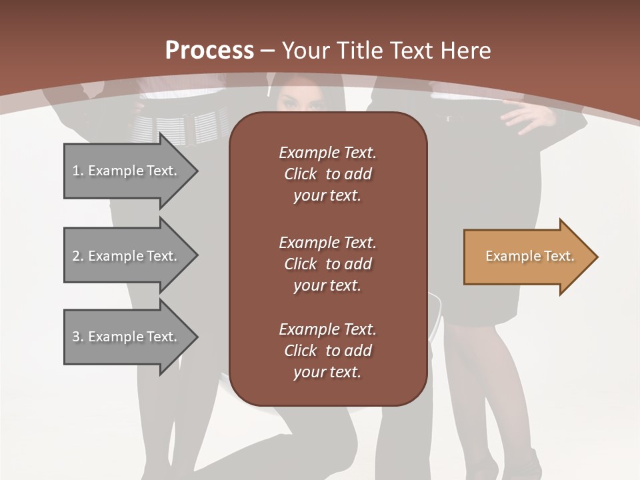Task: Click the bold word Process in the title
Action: pyautogui.click(x=209, y=50)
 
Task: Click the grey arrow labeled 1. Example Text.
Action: pyautogui.click(x=127, y=171)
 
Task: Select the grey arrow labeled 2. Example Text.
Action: pyautogui.click(x=127, y=256)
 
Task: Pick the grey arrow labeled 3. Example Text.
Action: pyautogui.click(x=127, y=337)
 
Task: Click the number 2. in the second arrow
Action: pyautogui.click(x=78, y=256)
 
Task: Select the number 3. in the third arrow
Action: pyautogui.click(x=78, y=337)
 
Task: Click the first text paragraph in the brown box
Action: pyautogui.click(x=327, y=174)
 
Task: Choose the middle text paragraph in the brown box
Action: pyautogui.click(x=327, y=264)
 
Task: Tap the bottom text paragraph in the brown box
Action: pyautogui.click(x=327, y=351)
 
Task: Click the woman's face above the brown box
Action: pyautogui.click(x=297, y=100)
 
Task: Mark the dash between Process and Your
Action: pyautogui.click(x=268, y=51)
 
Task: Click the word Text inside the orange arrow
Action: pyautogui.click(x=559, y=256)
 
